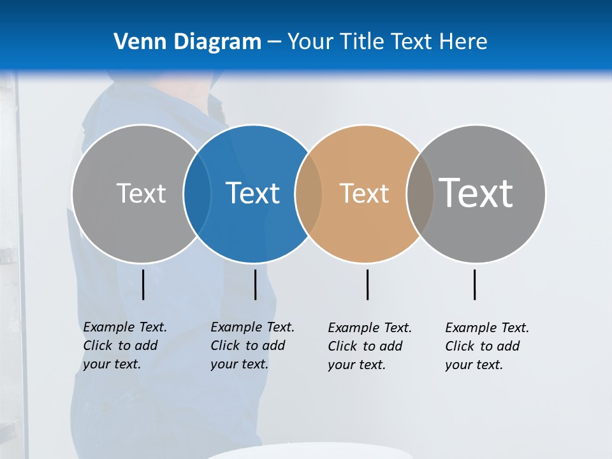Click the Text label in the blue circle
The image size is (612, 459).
point(253,193)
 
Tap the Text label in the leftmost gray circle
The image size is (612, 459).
point(141,193)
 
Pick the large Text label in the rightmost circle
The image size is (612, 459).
point(476,193)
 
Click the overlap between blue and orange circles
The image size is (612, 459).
point(309,194)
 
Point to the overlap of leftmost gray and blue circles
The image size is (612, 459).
point(197,194)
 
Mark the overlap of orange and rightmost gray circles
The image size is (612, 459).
point(419,194)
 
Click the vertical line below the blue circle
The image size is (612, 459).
point(255,284)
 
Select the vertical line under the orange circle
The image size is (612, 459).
point(367,284)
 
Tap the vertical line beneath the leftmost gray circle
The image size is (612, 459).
point(143,284)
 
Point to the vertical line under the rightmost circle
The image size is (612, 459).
point(474,284)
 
